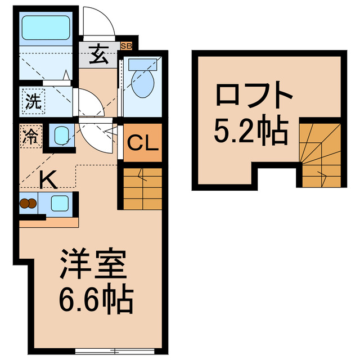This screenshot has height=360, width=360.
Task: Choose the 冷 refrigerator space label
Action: (31, 137)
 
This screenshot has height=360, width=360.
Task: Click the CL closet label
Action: (143, 143)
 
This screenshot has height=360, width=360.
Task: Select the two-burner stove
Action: (28, 203)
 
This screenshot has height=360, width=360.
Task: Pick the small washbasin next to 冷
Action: (59, 135)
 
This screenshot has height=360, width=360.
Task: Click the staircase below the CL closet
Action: (142, 188)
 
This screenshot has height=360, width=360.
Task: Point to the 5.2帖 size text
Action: (250, 131)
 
